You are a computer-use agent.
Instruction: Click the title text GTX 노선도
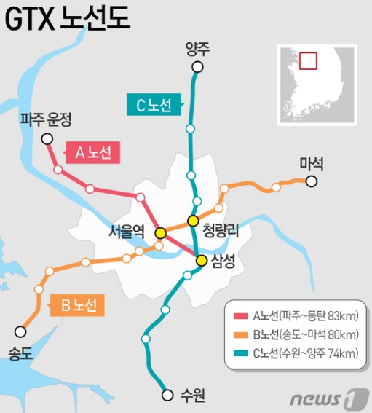point(68,20)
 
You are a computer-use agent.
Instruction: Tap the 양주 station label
point(197,50)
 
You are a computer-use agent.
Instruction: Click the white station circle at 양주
point(197,68)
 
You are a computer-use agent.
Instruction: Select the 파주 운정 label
point(46,119)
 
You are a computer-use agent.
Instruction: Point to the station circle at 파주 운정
point(47,138)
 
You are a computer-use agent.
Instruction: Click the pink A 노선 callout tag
point(92,153)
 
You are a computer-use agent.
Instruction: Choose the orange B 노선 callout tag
point(76,305)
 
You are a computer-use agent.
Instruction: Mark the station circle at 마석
point(311,181)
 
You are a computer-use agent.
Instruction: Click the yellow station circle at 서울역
point(161,233)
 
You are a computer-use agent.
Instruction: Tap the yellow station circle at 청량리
point(193,221)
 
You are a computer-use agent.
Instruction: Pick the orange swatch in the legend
point(239,335)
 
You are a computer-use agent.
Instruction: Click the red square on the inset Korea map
point(309,60)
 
